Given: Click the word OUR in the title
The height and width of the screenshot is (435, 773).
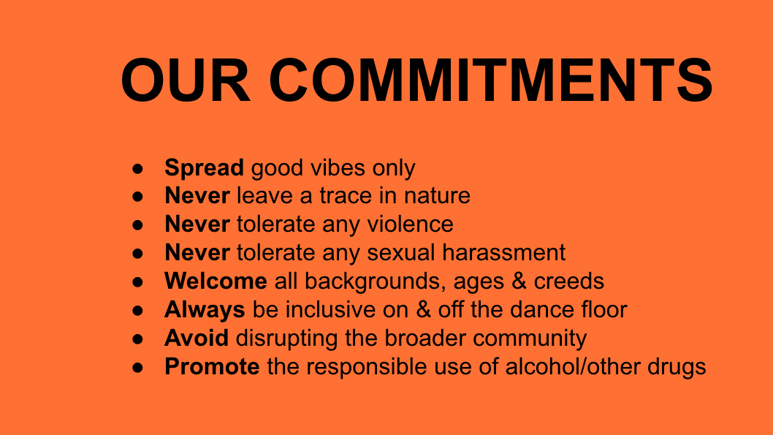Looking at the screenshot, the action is [186, 80].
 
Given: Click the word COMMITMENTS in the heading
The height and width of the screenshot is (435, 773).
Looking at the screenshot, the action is [491, 80].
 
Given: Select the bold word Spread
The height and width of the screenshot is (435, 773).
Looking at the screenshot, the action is [204, 168].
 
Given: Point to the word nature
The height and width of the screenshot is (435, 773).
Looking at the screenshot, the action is [437, 196].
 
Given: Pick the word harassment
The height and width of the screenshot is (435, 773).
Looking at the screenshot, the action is [503, 252].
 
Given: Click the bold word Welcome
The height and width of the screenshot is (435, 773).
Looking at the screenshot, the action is [216, 281].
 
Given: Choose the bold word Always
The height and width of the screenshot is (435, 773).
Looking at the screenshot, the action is [205, 311].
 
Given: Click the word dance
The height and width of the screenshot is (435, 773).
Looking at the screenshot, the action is [541, 310].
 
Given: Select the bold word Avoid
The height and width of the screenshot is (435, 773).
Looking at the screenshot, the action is [197, 338].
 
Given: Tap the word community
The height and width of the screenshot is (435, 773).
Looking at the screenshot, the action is [530, 339].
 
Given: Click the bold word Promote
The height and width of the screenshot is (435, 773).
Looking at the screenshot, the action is [212, 367].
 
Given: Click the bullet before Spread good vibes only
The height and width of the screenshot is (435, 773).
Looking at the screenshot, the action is [137, 169].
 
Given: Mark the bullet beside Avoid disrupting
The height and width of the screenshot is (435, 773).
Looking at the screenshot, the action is [137, 339].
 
